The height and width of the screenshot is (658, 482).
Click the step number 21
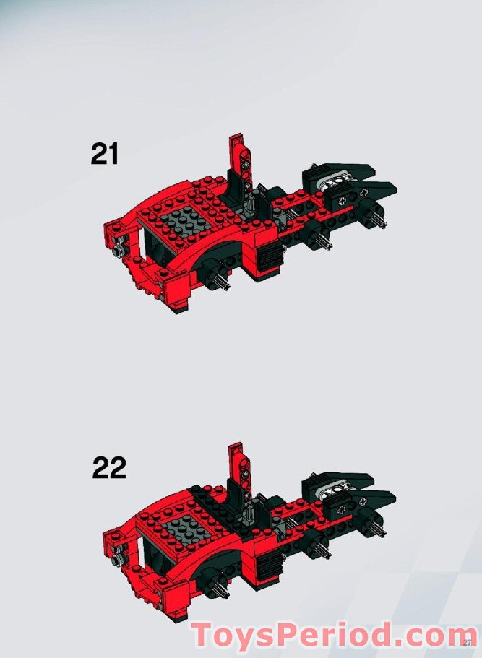point(105,154)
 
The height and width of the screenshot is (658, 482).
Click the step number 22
point(109,468)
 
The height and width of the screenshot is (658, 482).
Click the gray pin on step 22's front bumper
point(117,558)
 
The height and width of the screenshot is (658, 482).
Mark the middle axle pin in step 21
point(320,241)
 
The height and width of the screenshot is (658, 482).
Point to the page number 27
point(467,643)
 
